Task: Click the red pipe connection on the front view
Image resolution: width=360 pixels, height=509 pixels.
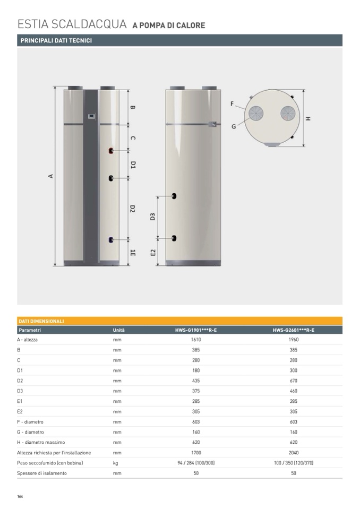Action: click(x=111, y=151)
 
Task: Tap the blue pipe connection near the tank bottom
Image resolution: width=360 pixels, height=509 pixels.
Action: click(x=111, y=240)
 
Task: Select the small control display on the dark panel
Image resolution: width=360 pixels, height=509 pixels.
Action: click(x=91, y=116)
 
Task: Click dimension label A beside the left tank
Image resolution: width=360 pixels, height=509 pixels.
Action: click(x=50, y=176)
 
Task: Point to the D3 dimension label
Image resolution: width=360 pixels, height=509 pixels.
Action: click(x=152, y=217)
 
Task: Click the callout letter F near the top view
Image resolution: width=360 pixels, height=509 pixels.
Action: click(x=232, y=104)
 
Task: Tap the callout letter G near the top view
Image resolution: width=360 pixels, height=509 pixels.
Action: click(x=234, y=127)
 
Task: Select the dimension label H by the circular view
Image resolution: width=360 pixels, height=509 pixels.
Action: click(x=308, y=118)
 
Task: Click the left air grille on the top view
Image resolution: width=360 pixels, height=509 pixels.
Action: click(x=256, y=113)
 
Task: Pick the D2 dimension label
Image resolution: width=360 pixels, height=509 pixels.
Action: click(x=132, y=209)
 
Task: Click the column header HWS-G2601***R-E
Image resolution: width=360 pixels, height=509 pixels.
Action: click(x=294, y=330)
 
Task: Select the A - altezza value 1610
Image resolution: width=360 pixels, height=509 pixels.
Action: click(x=196, y=340)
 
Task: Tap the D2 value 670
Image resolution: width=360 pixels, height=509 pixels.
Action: click(x=294, y=381)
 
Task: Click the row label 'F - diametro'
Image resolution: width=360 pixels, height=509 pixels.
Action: click(x=30, y=421)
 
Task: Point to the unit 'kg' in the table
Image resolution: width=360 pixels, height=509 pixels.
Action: click(x=116, y=463)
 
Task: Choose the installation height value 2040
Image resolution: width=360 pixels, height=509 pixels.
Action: click(x=294, y=453)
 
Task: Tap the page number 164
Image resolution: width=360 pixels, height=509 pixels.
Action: click(x=20, y=496)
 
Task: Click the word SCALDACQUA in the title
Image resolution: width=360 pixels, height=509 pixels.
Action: click(x=89, y=24)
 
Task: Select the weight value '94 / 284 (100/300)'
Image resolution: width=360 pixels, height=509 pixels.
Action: click(x=196, y=463)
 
